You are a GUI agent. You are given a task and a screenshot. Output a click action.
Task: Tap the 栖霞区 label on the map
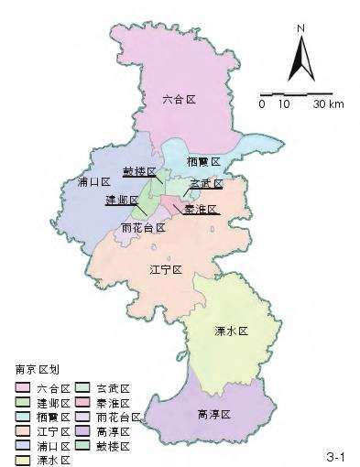coord(203,161)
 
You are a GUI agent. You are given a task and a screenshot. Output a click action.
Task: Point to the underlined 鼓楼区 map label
coord(141,172)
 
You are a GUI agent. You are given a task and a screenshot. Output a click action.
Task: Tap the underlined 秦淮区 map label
coord(201,209)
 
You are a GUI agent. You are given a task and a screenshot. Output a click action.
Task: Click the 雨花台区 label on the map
coord(144,227)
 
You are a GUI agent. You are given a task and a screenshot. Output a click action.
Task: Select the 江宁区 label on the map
coord(168,269)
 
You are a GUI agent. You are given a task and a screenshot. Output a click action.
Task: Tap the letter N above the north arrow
coord(300,28)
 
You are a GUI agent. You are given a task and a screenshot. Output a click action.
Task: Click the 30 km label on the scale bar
coord(328,104)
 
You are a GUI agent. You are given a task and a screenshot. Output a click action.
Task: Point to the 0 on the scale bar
coord(262,104)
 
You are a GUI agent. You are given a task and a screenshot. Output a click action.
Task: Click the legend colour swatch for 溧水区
coord(21,460)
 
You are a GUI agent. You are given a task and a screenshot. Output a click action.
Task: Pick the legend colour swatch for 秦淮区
coord(82,403)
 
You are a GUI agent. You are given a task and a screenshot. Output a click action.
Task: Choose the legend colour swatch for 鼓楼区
coord(82,446)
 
